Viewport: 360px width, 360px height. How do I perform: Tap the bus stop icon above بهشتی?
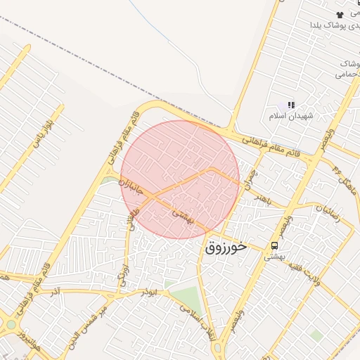pyautogui.click(x=274, y=246)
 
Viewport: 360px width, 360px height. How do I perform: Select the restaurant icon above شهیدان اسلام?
pyautogui.click(x=291, y=105)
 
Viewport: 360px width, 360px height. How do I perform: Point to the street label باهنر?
pyautogui.click(x=261, y=194)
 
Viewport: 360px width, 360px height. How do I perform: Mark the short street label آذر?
pyautogui.click(x=56, y=290)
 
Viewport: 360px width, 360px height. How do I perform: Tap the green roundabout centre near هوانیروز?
pyautogui.click(x=12, y=325)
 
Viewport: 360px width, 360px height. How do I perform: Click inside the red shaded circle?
pyautogui.click(x=180, y=179)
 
